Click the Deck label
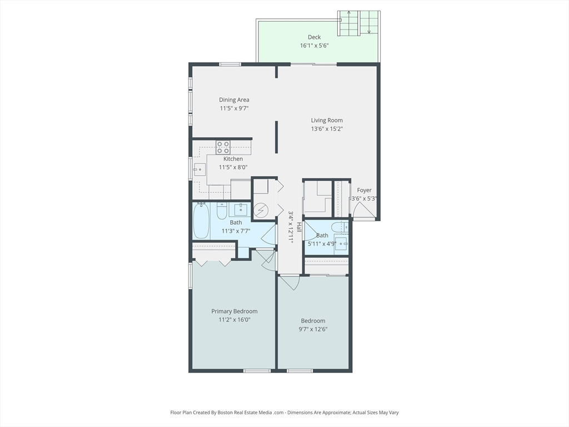[315, 37]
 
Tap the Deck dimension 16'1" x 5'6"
[315, 46]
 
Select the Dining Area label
[234, 100]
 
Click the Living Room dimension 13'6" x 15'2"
[327, 128]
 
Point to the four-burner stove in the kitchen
[223, 147]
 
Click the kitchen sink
[199, 170]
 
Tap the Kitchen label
[233, 158]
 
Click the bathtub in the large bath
[201, 221]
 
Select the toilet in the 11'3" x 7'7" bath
[222, 211]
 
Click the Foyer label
[364, 190]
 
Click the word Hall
[298, 227]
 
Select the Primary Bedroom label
[234, 311]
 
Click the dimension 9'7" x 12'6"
[313, 329]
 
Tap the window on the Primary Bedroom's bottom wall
[257, 371]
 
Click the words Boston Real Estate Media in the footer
[245, 413]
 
